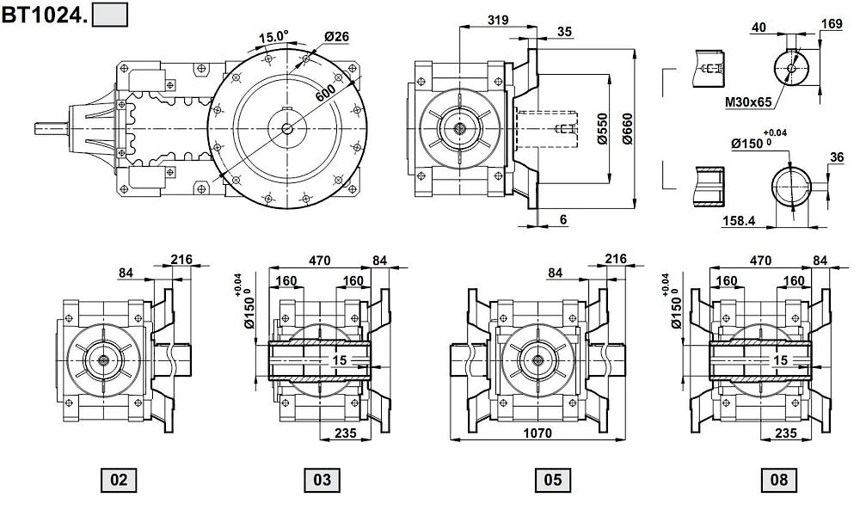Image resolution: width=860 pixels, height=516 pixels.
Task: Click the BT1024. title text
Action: coord(43,15)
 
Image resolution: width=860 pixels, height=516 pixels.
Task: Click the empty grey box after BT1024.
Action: coord(109,15)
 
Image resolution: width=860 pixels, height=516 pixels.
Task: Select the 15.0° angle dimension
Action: coord(273,37)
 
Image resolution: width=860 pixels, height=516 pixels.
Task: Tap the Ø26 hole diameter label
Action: coord(336,37)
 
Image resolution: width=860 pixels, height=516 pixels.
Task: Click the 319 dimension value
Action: coord(496,19)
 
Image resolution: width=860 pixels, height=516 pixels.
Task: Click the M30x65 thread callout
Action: coord(749,102)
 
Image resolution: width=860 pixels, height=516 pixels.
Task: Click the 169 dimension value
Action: coord(831,24)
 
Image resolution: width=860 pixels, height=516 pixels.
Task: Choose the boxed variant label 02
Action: coord(119,479)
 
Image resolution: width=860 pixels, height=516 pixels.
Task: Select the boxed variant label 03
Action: coord(322,479)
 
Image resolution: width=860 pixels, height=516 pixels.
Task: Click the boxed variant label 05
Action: coord(550,479)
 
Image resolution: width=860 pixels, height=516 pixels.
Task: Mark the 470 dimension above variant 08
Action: coord(759,260)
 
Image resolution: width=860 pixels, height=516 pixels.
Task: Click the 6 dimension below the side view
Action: coord(562,219)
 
